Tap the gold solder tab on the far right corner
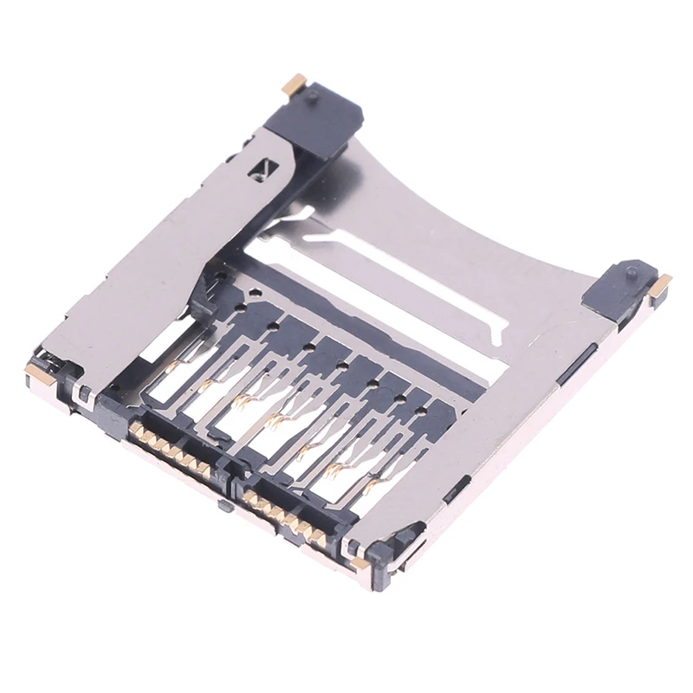[660, 285]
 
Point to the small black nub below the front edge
[224, 504]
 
